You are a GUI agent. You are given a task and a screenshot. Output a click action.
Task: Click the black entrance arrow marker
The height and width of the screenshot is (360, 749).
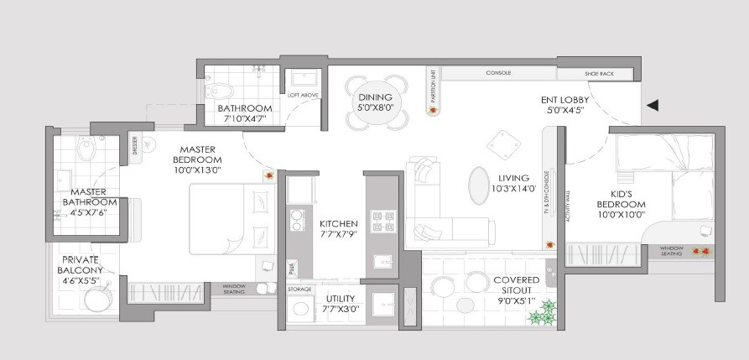tap(653, 106)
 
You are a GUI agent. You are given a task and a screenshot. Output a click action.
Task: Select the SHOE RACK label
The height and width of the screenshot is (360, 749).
tap(600, 74)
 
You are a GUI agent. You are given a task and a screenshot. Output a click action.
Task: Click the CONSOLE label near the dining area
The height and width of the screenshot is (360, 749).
tap(498, 73)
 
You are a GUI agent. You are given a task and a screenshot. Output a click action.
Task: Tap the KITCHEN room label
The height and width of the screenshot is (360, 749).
tap(339, 224)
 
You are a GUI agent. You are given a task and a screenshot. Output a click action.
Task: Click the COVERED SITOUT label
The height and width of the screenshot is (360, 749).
tap(515, 280)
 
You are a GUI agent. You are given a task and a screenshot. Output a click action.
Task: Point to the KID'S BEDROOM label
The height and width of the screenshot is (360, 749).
tap(621, 204)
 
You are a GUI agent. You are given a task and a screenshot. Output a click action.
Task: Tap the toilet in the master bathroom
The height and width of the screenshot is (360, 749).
tap(85, 149)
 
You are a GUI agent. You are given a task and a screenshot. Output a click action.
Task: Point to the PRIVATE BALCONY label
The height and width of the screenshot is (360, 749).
tap(81, 265)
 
